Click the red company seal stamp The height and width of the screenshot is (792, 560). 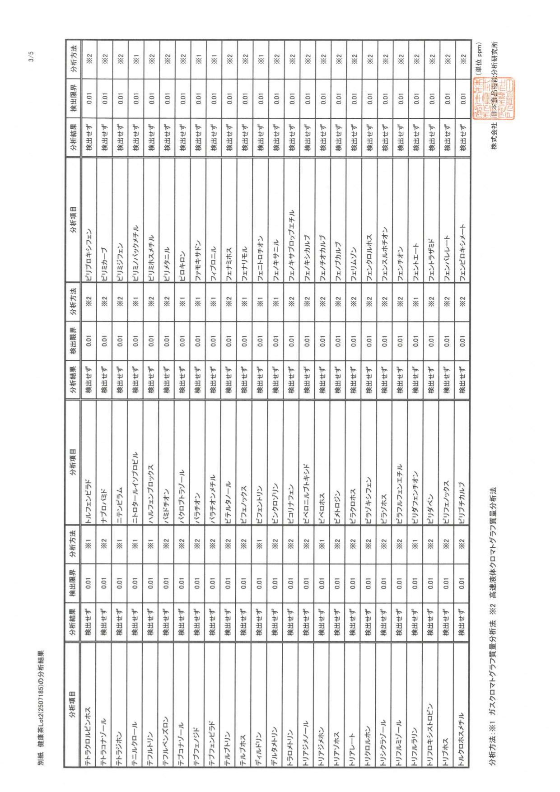coord(493,98)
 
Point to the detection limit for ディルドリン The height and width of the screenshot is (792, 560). coord(260,583)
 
